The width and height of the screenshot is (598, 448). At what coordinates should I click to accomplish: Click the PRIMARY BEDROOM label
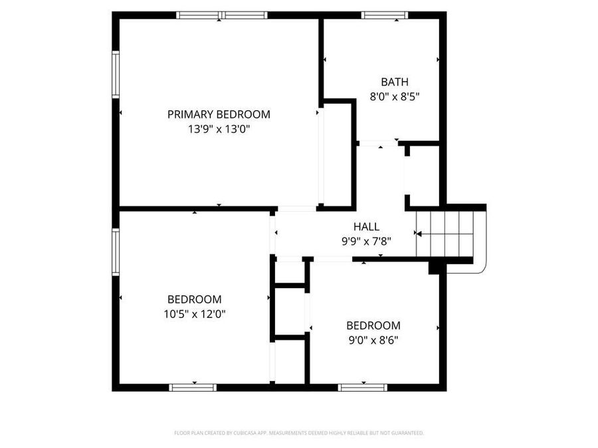[x=219, y=114]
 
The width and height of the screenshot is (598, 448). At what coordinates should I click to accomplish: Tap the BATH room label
[x=394, y=82]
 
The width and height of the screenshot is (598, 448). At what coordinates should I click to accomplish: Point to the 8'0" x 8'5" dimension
[x=394, y=96]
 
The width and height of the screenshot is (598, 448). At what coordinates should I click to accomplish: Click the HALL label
[x=366, y=227]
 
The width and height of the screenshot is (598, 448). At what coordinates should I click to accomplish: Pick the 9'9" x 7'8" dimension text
[x=366, y=242]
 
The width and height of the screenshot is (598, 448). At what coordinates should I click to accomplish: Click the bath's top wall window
[x=383, y=15]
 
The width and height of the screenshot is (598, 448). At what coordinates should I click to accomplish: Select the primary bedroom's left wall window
[x=116, y=75]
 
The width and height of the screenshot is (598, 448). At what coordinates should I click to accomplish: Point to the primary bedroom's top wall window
[x=222, y=15]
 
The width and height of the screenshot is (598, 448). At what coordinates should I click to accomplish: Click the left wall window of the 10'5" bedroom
[x=116, y=252]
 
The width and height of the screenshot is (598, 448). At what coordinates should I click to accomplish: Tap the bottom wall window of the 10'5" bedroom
[x=193, y=387]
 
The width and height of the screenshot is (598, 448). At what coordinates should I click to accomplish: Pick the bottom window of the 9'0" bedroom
[x=362, y=387]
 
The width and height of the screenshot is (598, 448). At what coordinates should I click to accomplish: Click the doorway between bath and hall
[x=378, y=143]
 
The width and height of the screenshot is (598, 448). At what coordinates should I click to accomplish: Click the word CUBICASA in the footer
[x=239, y=433]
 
